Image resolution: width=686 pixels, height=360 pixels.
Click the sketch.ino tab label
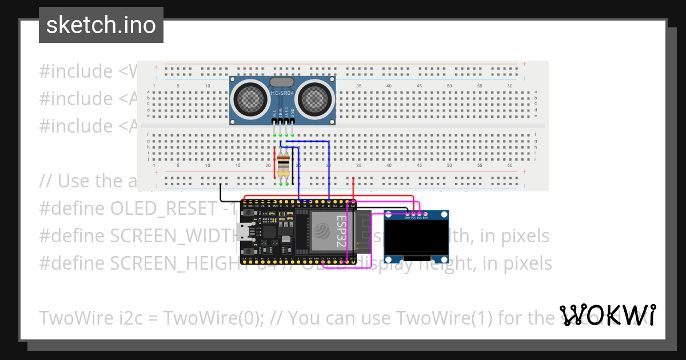click(101, 25)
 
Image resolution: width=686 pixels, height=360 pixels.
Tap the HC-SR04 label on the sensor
click(282, 94)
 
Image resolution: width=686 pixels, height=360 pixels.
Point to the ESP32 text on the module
click(341, 231)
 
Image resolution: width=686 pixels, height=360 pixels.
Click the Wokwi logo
click(608, 315)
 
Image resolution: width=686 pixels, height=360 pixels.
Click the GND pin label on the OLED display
click(407, 218)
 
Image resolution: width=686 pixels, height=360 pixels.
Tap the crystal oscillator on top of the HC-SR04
click(282, 82)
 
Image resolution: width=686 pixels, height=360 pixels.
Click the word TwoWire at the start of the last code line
click(73, 318)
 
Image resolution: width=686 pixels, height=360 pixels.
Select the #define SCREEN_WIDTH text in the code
click(137, 236)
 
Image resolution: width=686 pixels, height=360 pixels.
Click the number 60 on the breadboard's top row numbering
click(510, 86)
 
